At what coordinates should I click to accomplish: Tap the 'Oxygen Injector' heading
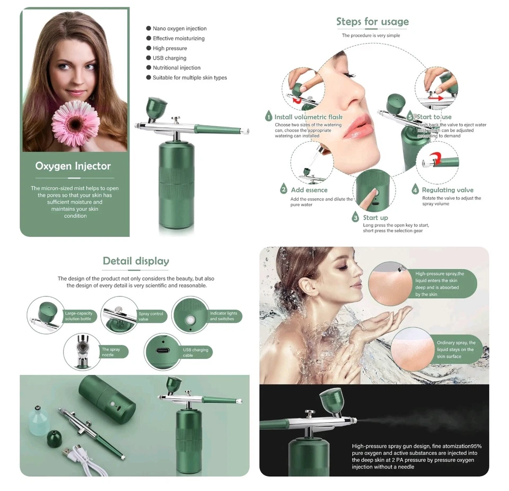pyautogui.click(x=73, y=166)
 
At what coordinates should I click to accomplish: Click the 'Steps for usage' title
pyautogui.click(x=372, y=22)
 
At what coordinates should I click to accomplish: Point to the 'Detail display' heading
pyautogui.click(x=136, y=261)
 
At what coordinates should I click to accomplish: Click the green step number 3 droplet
pyautogui.click(x=356, y=217)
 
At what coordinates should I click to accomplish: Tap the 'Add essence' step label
pyautogui.click(x=309, y=190)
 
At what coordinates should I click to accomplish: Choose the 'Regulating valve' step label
pyautogui.click(x=447, y=190)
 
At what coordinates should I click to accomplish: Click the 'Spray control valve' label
pyautogui.click(x=151, y=317)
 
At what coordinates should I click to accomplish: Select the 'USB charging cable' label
pyautogui.click(x=196, y=353)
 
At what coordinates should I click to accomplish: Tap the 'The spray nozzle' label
pyautogui.click(x=111, y=352)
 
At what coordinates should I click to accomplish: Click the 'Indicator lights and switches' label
pyautogui.click(x=223, y=316)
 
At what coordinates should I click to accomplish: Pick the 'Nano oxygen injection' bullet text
pyautogui.click(x=180, y=29)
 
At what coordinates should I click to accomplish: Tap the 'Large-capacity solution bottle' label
pyautogui.click(x=78, y=316)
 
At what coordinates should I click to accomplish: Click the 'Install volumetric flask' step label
pyautogui.click(x=308, y=117)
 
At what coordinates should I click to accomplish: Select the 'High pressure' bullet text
pyautogui.click(x=170, y=48)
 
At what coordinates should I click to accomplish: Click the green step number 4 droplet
pyautogui.click(x=416, y=189)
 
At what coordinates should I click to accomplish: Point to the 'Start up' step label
pyautogui.click(x=375, y=217)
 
